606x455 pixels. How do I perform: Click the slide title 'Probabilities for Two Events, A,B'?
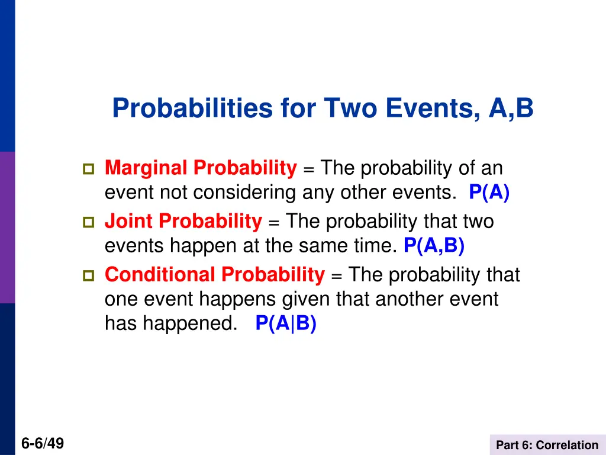[x=323, y=108]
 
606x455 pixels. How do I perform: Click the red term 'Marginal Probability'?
[x=200, y=169]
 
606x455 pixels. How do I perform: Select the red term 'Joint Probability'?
[x=183, y=222]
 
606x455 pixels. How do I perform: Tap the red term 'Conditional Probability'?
[x=214, y=275]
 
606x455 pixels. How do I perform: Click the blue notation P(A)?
[x=489, y=193]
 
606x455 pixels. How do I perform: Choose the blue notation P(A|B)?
[x=286, y=323]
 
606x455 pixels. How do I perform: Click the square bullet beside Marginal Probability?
[x=88, y=170]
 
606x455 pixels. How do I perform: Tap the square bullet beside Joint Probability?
[x=88, y=223]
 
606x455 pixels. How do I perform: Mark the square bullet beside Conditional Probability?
[x=88, y=276]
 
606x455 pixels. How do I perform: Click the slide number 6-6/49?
[x=43, y=444]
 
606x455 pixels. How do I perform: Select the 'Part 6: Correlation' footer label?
[x=547, y=445]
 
